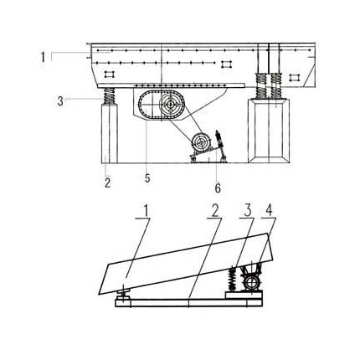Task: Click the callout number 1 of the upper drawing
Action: [43, 57]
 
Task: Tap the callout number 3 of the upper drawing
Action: [60, 100]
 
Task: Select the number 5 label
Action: [147, 177]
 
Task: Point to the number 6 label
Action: [218, 188]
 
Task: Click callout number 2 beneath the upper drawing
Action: [108, 183]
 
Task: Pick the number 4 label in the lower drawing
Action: [269, 211]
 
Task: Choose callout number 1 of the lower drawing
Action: [146, 211]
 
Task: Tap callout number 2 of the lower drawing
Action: [214, 212]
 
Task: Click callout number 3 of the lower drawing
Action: [248, 211]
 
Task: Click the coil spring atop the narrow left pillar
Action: [110, 95]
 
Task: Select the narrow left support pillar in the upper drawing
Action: [110, 133]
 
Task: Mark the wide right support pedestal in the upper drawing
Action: [269, 130]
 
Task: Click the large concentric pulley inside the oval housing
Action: [170, 104]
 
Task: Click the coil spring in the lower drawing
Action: [232, 280]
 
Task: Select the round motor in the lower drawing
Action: [251, 283]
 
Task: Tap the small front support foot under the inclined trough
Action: [123, 295]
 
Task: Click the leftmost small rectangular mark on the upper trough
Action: [110, 75]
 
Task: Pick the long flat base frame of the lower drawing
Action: [189, 303]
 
